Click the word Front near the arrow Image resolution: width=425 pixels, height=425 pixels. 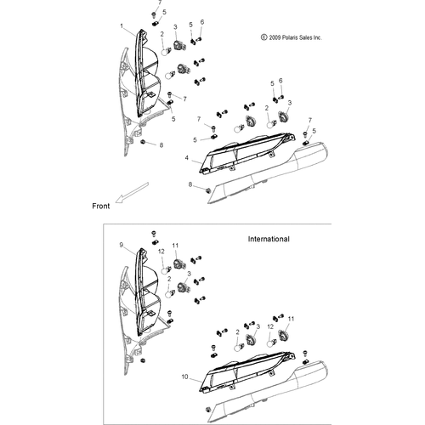click(101, 206)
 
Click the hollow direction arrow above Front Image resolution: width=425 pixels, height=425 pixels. click(132, 193)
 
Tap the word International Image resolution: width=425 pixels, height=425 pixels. click(269, 239)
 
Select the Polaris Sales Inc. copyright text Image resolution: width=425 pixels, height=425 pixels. click(292, 37)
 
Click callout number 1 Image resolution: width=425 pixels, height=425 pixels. click(122, 26)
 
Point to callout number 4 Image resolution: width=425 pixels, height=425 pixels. click(187, 158)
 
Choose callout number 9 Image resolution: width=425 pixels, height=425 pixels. click(122, 245)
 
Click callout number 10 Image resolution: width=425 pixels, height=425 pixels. click(184, 377)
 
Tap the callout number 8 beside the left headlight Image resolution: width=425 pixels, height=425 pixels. click(161, 145)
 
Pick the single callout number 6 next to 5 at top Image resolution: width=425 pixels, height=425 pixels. click(202, 22)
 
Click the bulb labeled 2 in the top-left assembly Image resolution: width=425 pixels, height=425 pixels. click(166, 52)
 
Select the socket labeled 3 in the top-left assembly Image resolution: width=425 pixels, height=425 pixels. click(179, 45)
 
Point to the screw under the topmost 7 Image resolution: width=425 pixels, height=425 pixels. click(154, 14)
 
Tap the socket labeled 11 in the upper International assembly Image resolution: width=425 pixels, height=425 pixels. click(179, 264)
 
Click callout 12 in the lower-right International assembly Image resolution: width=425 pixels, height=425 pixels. click(270, 326)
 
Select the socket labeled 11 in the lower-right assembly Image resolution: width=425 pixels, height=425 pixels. click(283, 336)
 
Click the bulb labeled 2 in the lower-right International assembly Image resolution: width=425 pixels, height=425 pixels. click(239, 347)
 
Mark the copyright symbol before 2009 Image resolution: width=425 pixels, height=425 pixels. click(263, 37)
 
